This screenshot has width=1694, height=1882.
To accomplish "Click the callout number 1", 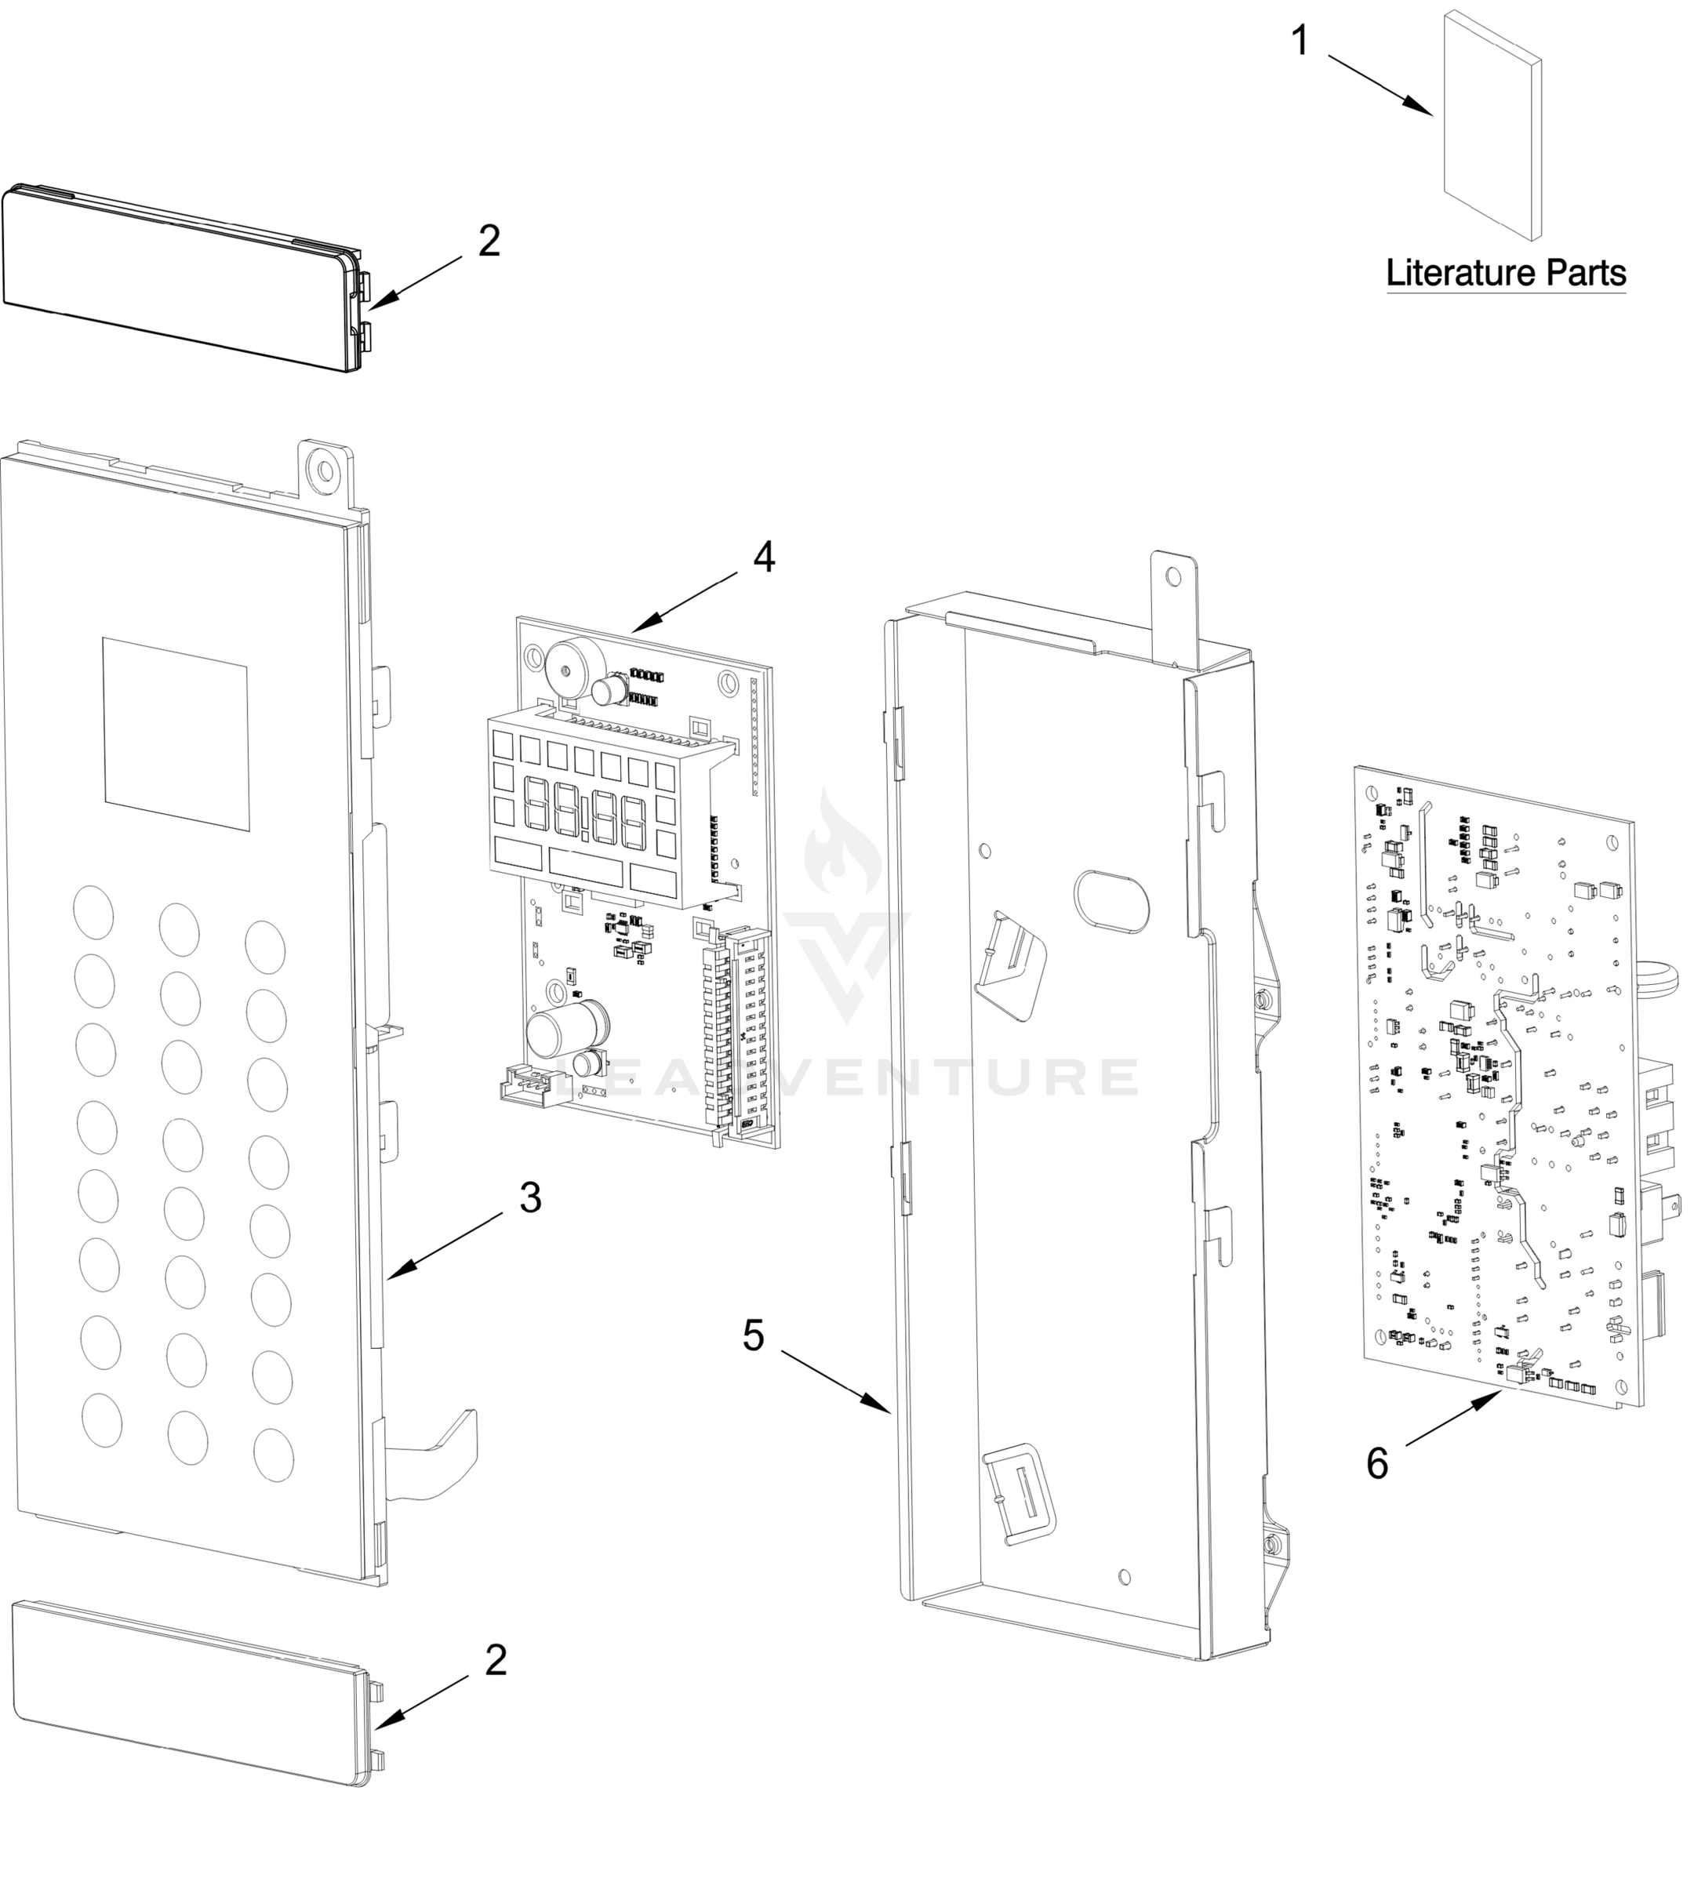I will pyautogui.click(x=1300, y=42).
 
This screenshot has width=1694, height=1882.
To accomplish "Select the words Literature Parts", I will pyautogui.click(x=1506, y=273).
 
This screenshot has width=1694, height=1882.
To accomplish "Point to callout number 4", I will pyautogui.click(x=763, y=558).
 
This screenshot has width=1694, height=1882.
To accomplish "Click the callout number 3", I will pyautogui.click(x=529, y=1198).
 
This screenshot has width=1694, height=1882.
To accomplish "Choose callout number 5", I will pyautogui.click(x=754, y=1336).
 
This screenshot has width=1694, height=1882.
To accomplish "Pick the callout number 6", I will pyautogui.click(x=1376, y=1464).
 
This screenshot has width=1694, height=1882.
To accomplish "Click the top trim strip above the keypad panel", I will pyautogui.click(x=181, y=279).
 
